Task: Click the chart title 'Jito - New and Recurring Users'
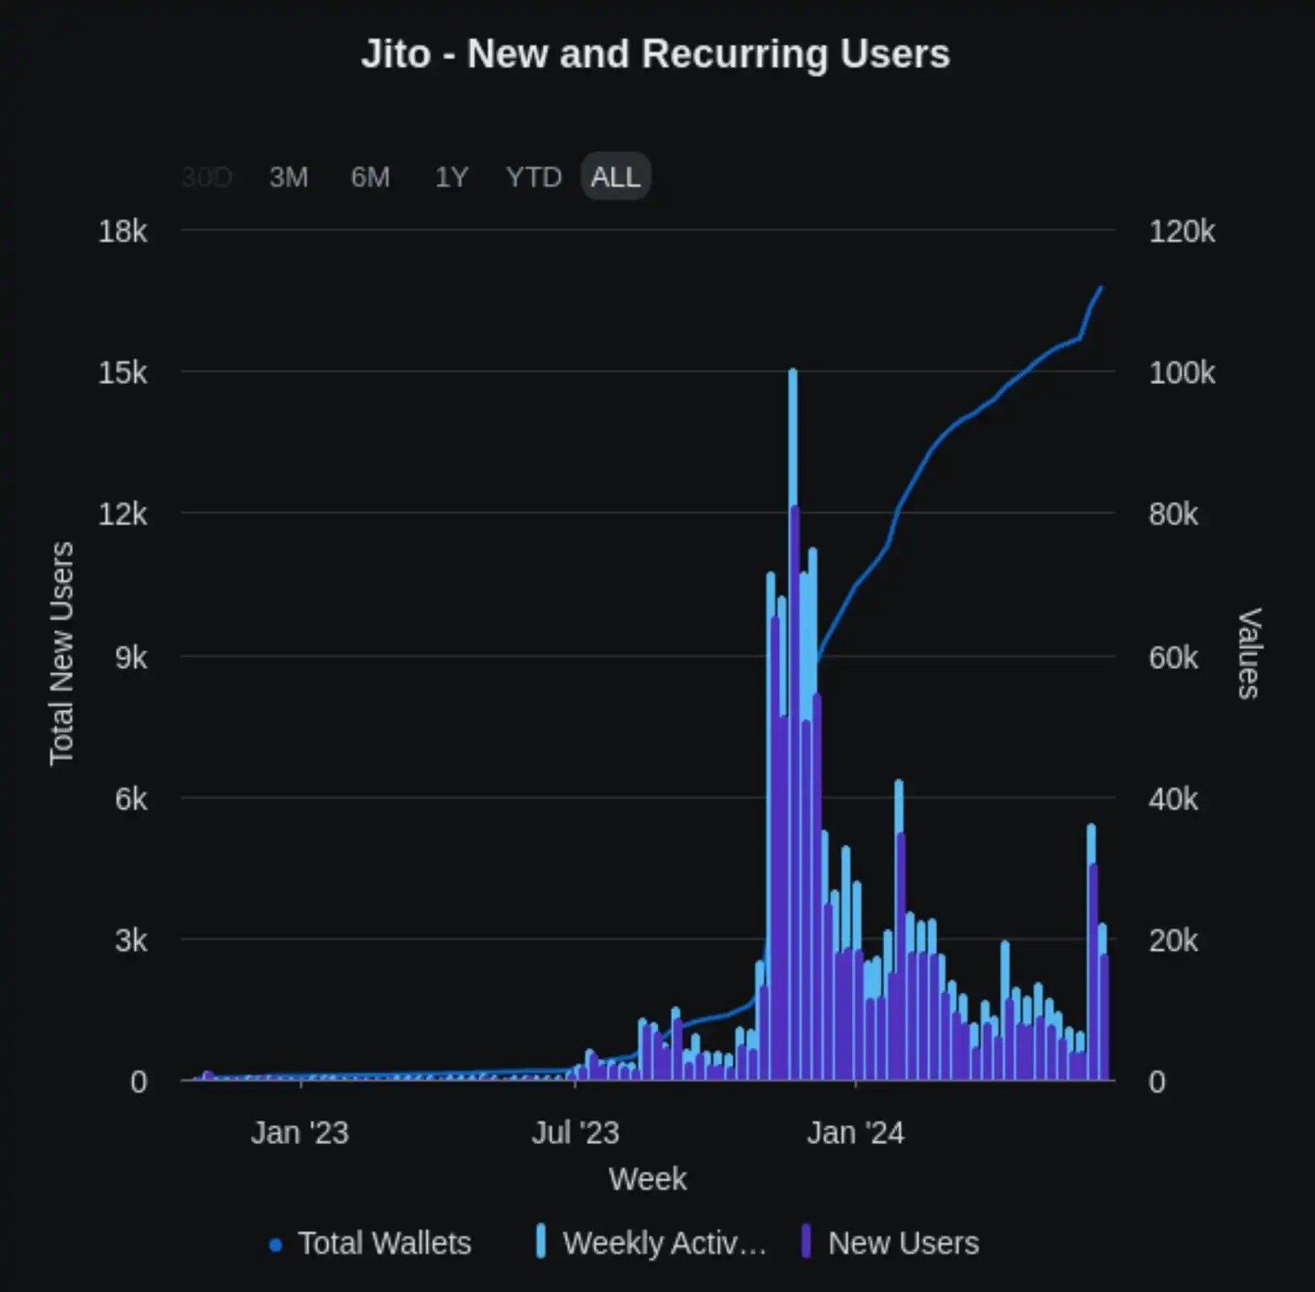[655, 55]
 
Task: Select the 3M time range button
[289, 177]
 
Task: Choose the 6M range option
[371, 177]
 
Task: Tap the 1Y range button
[452, 177]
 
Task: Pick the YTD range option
[534, 177]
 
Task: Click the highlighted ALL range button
[616, 177]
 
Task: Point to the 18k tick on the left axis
[123, 231]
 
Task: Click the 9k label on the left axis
[131, 657]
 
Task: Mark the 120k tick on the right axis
[1182, 231]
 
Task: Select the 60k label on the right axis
[1174, 657]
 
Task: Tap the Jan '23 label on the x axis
[300, 1133]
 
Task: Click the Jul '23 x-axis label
[576, 1133]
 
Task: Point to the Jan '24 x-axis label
[855, 1133]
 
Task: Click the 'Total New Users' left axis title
[62, 654]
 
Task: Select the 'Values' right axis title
[1249, 654]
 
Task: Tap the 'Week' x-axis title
[648, 1180]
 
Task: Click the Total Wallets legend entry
[383, 1243]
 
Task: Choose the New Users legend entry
[903, 1243]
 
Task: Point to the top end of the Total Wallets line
[1101, 288]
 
